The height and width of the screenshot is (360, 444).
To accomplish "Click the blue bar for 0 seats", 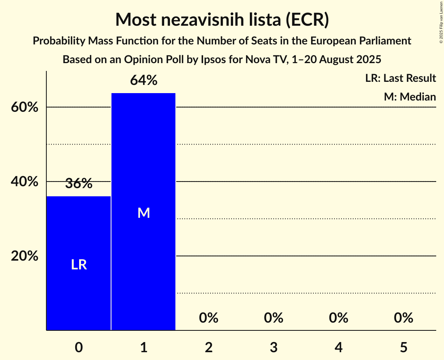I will click(x=79, y=234).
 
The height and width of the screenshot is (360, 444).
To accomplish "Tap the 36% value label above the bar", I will click(x=79, y=184).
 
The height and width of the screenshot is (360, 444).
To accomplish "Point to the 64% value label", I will click(x=143, y=81).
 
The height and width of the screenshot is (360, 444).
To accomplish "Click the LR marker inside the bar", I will click(x=79, y=265).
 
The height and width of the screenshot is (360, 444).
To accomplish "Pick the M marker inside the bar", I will click(x=143, y=213).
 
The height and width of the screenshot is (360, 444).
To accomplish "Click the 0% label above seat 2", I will click(x=209, y=318).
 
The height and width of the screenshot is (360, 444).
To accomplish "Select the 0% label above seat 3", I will click(x=273, y=318).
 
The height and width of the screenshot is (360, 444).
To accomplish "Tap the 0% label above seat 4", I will click(x=338, y=318).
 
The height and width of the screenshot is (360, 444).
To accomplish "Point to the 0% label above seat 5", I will click(x=403, y=318).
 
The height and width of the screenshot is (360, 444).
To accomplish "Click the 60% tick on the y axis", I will click(x=25, y=108).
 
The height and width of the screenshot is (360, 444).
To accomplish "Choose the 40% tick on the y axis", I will click(x=25, y=182).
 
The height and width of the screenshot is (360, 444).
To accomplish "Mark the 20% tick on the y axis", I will click(x=25, y=256).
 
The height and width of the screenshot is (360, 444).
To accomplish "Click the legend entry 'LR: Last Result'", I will click(x=400, y=78).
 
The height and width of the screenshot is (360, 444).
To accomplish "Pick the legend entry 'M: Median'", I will click(x=410, y=97).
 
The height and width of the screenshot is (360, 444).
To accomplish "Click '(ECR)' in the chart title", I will click(x=307, y=20).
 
